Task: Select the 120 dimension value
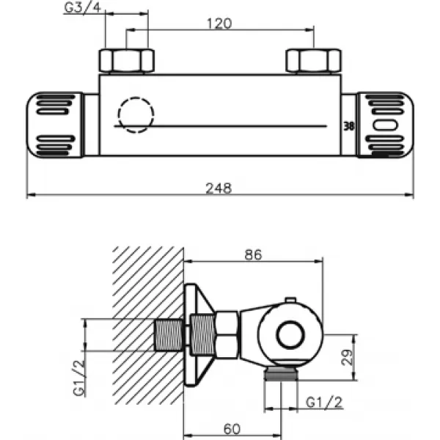point(219,23)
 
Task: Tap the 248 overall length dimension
point(219,188)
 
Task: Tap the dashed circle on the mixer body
point(136,115)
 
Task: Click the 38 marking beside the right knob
point(350,125)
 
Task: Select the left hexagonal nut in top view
point(127,61)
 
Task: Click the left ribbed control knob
point(55,125)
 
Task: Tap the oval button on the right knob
point(385,125)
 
